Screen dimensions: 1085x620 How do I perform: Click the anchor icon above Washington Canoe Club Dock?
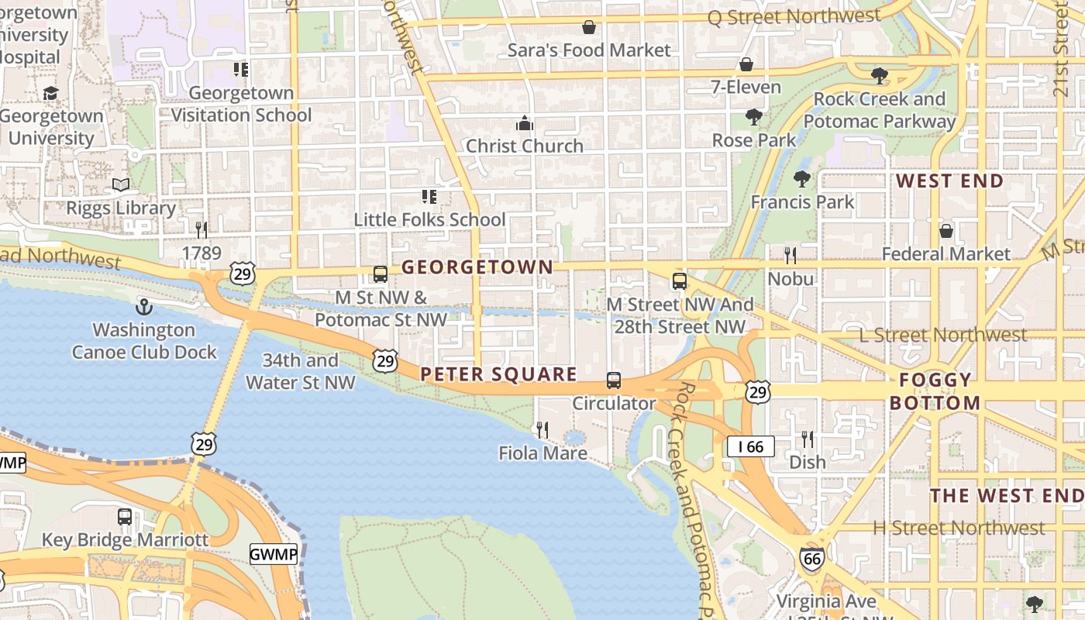click(144, 307)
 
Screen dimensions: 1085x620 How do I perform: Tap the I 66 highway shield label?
click(750, 446)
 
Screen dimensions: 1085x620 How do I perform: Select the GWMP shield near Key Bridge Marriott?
click(274, 554)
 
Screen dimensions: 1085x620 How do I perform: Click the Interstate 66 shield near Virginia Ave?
click(812, 559)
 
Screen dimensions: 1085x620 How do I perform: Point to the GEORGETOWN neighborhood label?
click(477, 267)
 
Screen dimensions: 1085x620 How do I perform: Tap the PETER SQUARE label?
click(498, 375)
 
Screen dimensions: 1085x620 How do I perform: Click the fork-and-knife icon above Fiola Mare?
click(542, 429)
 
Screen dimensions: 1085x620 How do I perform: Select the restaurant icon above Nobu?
click(790, 255)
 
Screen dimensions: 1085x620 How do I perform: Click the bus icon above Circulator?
click(614, 381)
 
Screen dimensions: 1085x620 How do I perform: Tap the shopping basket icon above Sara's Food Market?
click(589, 27)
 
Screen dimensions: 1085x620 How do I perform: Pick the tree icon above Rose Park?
click(753, 117)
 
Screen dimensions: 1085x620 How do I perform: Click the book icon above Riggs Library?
click(121, 184)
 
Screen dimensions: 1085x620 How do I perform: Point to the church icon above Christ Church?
click(525, 123)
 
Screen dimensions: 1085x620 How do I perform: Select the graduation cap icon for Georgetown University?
click(50, 94)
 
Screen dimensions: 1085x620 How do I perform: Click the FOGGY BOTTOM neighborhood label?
click(935, 391)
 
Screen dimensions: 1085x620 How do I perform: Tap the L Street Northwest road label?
click(943, 335)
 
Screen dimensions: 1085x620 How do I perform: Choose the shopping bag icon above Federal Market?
click(945, 231)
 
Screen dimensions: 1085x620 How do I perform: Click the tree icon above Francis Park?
click(802, 179)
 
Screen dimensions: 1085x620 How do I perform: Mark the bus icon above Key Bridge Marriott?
click(125, 517)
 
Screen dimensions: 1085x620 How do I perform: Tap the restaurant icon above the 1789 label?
click(201, 229)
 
